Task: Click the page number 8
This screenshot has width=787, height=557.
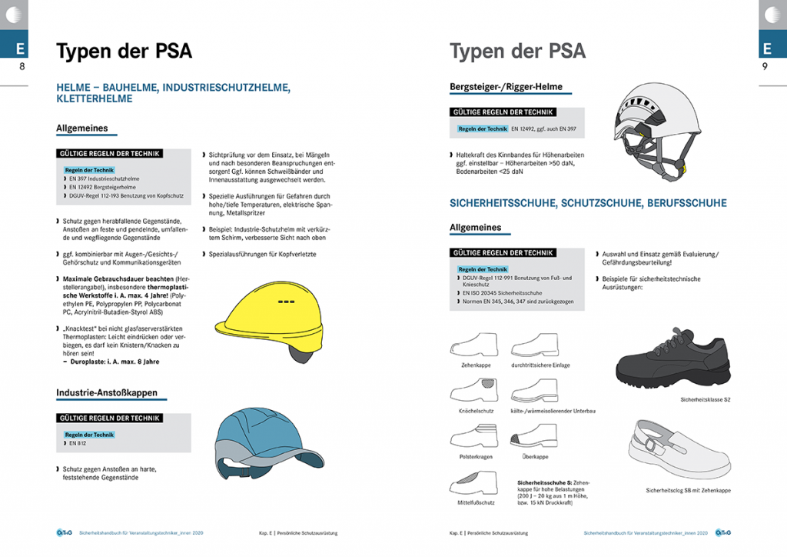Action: (22, 68)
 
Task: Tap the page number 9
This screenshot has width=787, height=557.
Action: (765, 68)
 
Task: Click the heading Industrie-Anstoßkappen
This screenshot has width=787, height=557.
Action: (107, 393)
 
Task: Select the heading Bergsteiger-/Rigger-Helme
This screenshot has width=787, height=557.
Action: (506, 87)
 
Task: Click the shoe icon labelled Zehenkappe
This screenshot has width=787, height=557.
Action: (473, 345)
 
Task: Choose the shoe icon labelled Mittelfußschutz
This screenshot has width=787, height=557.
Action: (473, 485)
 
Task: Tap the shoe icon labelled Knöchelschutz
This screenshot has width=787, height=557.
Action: (473, 392)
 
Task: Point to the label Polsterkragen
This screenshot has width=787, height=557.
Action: (473, 456)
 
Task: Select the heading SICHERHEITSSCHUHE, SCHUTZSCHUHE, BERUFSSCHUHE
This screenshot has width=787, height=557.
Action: (588, 203)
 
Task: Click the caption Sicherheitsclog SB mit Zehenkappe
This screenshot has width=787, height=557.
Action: (688, 490)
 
